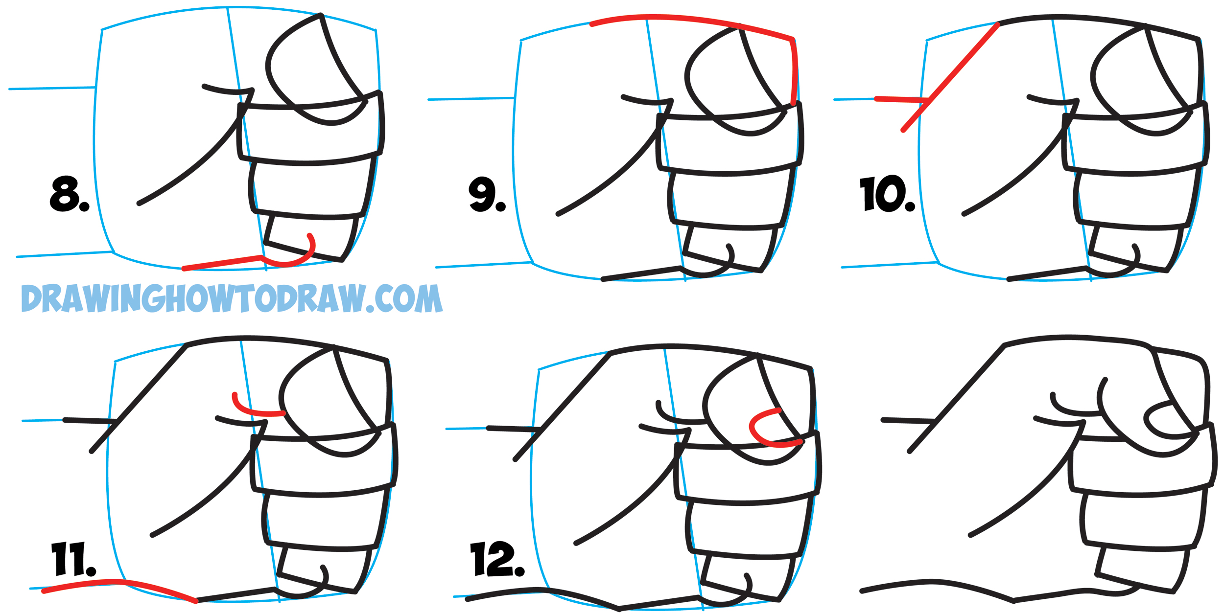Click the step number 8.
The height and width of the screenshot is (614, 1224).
click(x=69, y=195)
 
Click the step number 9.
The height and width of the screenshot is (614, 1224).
click(x=486, y=195)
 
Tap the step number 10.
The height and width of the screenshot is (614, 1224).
click(x=886, y=194)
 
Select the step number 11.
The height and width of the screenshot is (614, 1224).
click(x=73, y=559)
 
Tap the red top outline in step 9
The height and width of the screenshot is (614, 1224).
click(x=685, y=18)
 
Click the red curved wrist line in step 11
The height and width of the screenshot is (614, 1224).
click(x=122, y=582)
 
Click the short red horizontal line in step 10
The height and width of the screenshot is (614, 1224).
click(x=901, y=100)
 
